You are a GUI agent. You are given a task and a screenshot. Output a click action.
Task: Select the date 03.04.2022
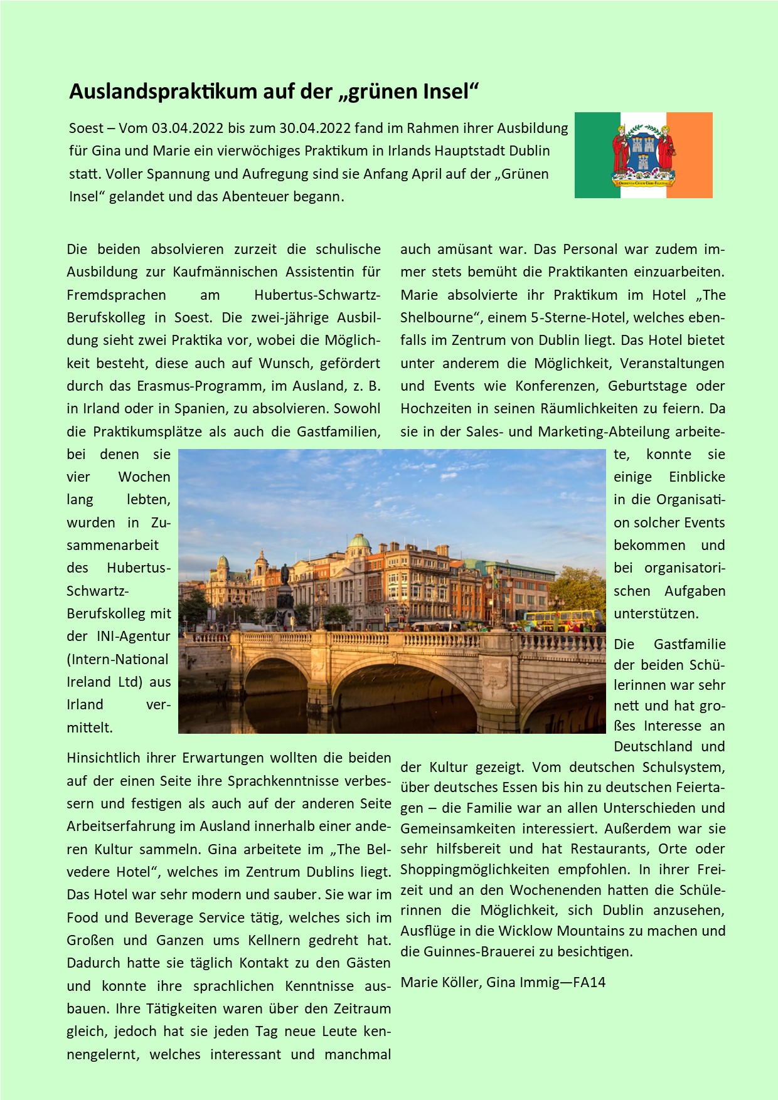pyautogui.click(x=188, y=129)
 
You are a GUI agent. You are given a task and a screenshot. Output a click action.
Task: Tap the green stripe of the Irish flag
pyautogui.click(x=597, y=156)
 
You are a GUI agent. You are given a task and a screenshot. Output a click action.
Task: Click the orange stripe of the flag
pyautogui.click(x=690, y=156)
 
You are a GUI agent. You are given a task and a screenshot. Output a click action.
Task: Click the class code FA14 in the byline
pyautogui.click(x=589, y=983)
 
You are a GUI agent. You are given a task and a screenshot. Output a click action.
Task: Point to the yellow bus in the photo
pyautogui.click(x=562, y=618)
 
